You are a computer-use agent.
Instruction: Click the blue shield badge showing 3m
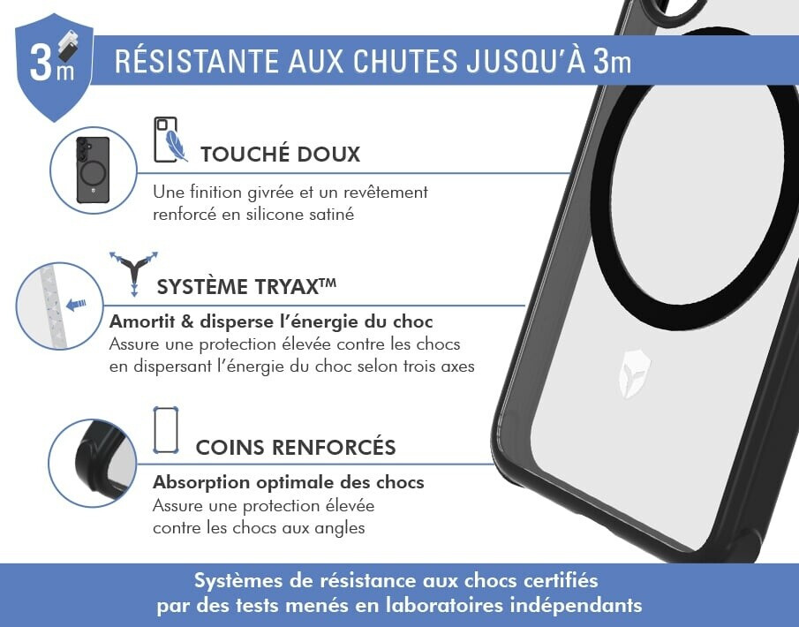[54, 67]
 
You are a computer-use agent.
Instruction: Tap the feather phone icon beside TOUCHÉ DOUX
[170, 140]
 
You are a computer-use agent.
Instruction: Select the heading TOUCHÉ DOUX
[280, 154]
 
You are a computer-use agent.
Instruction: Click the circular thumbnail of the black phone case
[94, 170]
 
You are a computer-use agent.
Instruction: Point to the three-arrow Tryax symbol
[133, 273]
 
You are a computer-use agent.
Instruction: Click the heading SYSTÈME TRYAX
[246, 286]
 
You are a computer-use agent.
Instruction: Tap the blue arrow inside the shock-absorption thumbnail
[77, 305]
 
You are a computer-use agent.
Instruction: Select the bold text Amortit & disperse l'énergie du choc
[271, 321]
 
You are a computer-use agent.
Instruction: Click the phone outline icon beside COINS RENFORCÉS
[166, 430]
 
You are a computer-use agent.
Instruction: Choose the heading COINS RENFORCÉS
[296, 447]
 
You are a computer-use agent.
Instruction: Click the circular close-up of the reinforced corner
[92, 464]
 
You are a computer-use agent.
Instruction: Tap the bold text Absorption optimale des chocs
[289, 482]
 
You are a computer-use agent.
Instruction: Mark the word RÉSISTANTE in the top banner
[197, 61]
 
